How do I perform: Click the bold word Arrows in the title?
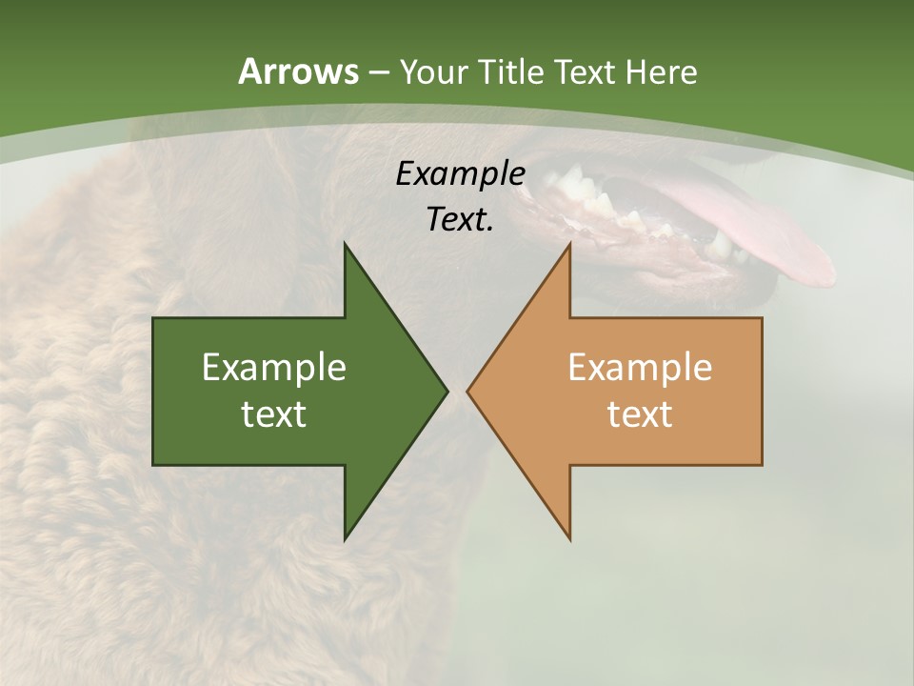(x=298, y=71)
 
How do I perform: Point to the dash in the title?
(x=378, y=72)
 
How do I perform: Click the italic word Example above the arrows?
(x=460, y=173)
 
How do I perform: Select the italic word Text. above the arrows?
(x=460, y=219)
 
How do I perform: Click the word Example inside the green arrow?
(x=274, y=367)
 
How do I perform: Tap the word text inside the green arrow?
(x=274, y=414)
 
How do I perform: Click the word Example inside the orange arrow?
(x=640, y=367)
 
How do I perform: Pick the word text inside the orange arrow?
(x=640, y=414)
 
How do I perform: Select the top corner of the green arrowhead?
(x=346, y=246)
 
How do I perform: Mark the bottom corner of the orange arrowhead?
(x=569, y=537)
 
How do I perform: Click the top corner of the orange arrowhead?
(x=569, y=246)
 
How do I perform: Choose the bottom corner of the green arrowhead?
(x=346, y=537)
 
